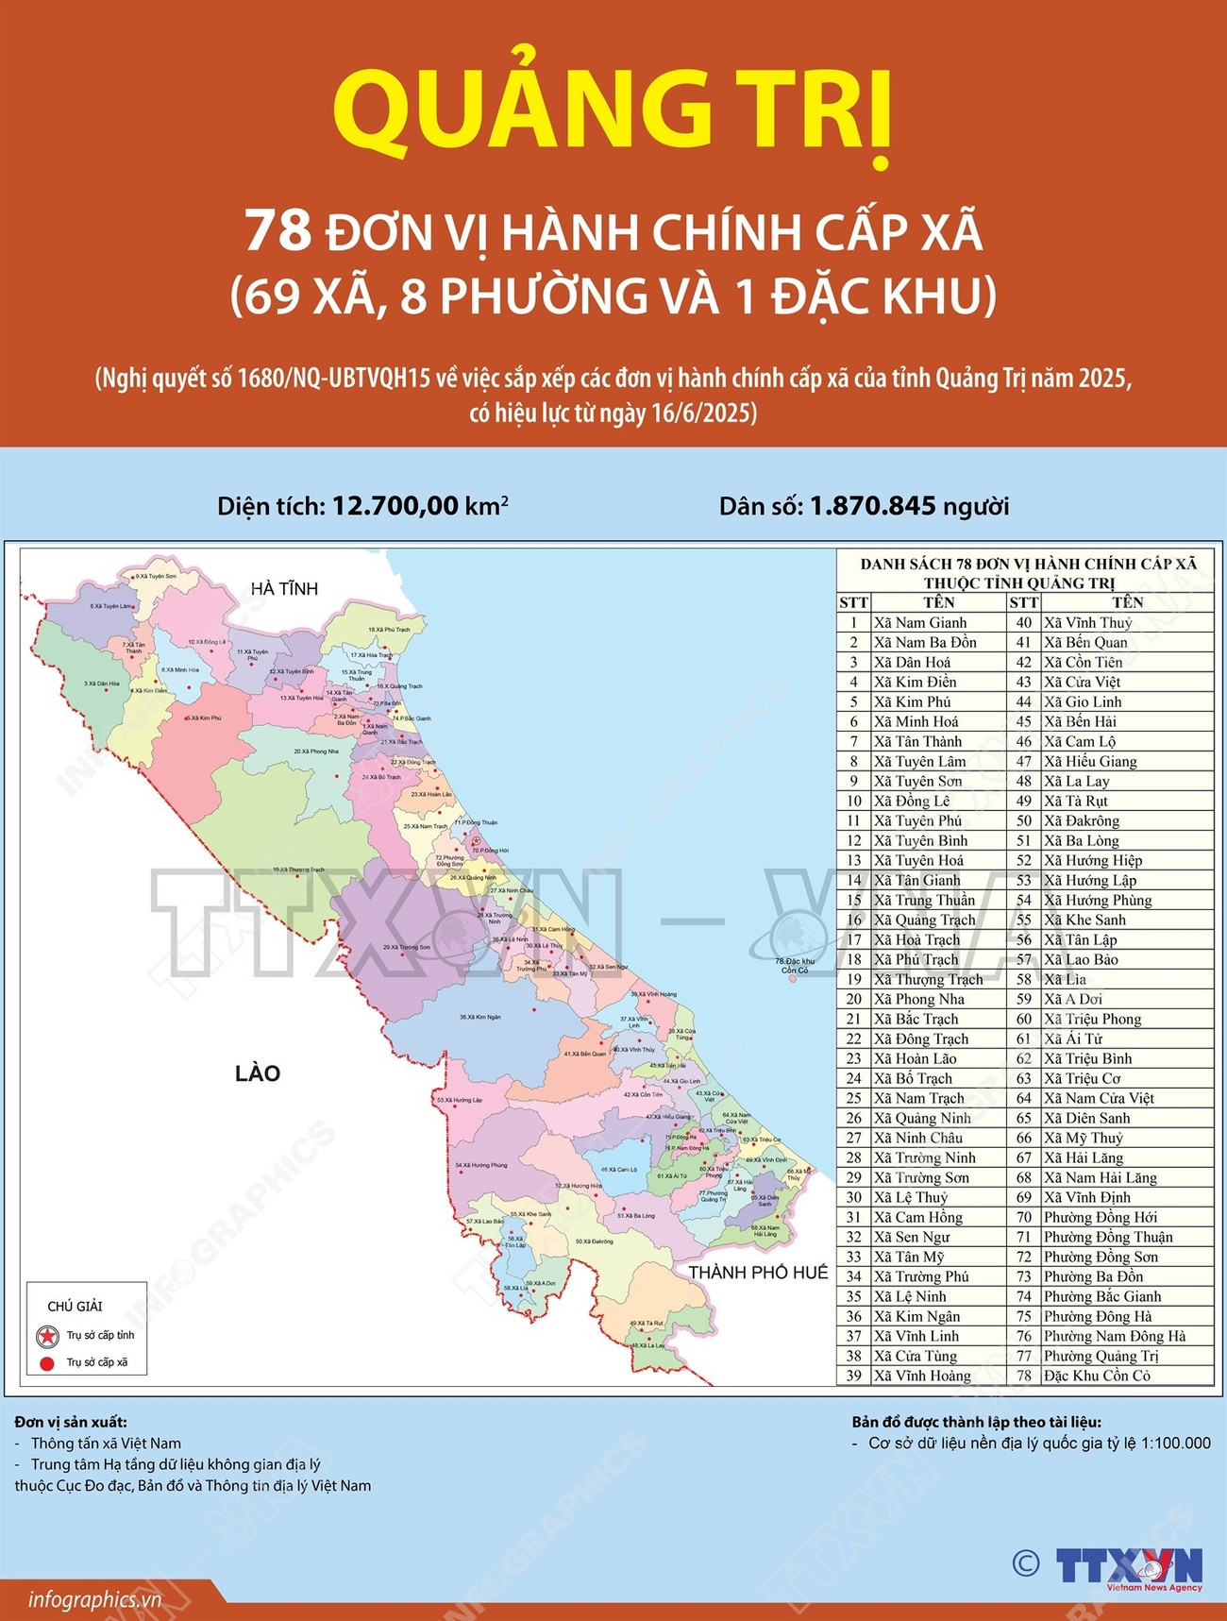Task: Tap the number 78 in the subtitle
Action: coord(277,230)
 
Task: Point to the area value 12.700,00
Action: coord(395,506)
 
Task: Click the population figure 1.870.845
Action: coord(872,506)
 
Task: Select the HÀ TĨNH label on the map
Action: coord(284,589)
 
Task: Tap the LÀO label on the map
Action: coord(258,1073)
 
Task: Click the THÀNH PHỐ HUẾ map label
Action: coord(758,1273)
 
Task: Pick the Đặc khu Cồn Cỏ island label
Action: coord(794,966)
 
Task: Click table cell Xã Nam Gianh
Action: coord(920,623)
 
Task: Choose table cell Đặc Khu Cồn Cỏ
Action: coord(1097,1376)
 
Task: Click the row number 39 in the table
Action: coord(853,1376)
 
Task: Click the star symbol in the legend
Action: coord(47,1336)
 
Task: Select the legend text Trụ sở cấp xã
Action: coord(96,1363)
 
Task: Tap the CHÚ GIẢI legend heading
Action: coord(75,1307)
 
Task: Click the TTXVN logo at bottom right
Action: coord(1128,1564)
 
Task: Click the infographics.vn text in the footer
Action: coord(94,1600)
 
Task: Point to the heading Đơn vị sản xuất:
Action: coord(71,1422)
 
